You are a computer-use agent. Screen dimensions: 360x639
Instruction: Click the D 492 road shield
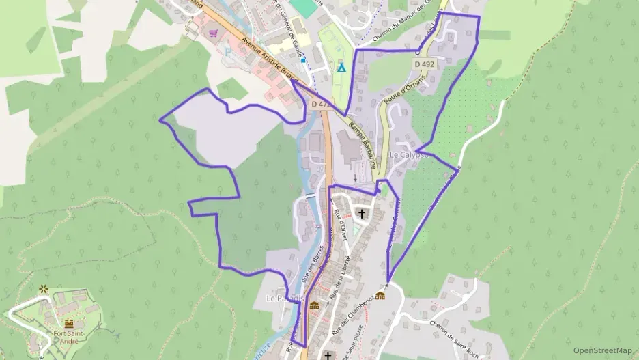424,64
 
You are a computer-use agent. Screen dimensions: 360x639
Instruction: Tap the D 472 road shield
320,105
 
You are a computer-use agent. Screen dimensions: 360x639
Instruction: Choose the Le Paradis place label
281,299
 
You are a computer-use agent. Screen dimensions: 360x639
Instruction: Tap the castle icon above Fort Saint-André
69,322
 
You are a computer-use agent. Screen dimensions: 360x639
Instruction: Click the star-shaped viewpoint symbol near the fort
44,289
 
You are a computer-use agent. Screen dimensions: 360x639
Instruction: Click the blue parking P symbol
228,51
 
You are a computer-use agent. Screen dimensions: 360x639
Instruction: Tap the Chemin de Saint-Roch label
454,335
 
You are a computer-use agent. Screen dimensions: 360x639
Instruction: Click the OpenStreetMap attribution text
602,350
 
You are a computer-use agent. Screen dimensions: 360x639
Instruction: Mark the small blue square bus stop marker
303,60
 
